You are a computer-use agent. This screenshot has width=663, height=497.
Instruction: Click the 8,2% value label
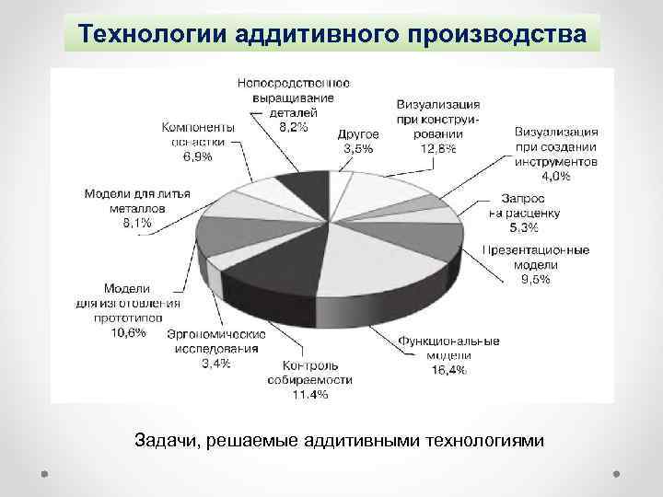(x=293, y=127)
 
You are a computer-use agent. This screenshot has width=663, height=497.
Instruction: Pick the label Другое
(x=359, y=134)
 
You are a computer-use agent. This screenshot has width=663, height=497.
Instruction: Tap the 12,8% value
(x=437, y=148)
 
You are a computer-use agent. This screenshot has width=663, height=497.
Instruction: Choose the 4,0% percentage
(x=555, y=174)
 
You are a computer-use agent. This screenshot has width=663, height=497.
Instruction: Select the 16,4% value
(x=448, y=369)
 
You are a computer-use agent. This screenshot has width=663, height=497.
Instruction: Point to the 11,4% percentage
(x=310, y=394)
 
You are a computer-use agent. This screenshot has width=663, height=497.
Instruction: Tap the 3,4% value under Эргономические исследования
(x=216, y=363)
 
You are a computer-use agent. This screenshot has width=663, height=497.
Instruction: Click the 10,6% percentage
(x=128, y=332)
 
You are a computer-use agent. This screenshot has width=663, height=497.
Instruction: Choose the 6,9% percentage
(x=197, y=156)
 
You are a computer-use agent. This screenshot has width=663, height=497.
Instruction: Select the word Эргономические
(x=216, y=333)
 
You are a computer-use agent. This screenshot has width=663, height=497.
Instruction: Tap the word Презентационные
(x=536, y=249)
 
